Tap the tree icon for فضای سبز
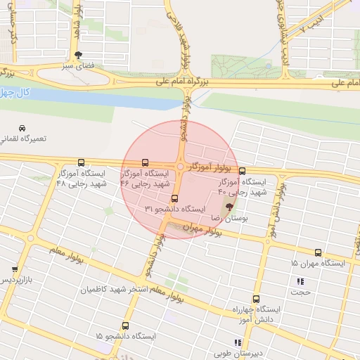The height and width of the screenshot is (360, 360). click(x=78, y=54)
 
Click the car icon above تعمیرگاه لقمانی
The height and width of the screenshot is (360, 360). click(x=23, y=128)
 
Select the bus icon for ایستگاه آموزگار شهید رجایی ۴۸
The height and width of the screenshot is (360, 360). click(x=81, y=162)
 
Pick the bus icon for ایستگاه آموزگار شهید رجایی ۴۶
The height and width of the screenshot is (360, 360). click(x=146, y=162)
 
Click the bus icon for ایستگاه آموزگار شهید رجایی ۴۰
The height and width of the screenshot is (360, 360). click(x=243, y=171)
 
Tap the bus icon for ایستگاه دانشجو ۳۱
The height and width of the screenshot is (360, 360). click(x=174, y=199)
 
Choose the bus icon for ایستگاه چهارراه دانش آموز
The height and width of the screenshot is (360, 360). click(x=256, y=299)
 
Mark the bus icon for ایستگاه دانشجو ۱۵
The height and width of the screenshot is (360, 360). click(x=126, y=326)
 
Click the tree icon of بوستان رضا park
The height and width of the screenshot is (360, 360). click(x=229, y=207)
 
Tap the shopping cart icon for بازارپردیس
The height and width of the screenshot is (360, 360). click(x=15, y=269)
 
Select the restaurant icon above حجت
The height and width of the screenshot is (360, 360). click(x=301, y=282)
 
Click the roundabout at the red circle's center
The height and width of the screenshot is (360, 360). click(x=181, y=167)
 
